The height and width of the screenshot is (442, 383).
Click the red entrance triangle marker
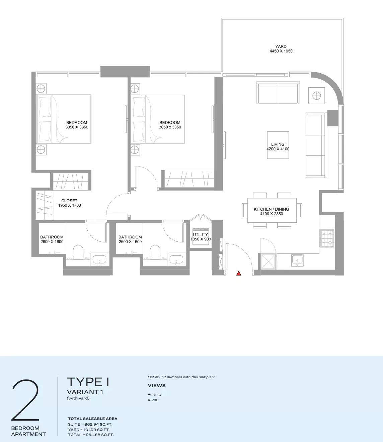(x=239, y=273)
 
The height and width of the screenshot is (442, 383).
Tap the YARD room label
(x=281, y=47)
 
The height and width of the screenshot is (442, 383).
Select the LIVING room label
(x=278, y=144)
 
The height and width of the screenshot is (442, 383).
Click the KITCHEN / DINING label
(x=271, y=209)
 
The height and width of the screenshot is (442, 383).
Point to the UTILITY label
(x=201, y=235)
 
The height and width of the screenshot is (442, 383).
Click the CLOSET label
(x=69, y=201)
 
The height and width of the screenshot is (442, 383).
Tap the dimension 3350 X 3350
(x=77, y=127)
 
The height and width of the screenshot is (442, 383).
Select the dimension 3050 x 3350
(x=170, y=127)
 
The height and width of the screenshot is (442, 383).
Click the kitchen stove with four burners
(x=327, y=238)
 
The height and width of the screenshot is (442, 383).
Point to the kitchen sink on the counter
(x=297, y=260)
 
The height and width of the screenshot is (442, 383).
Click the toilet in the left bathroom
(x=78, y=252)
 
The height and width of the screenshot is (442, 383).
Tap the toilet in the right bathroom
(x=155, y=252)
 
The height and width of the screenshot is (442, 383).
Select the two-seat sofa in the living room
(x=278, y=93)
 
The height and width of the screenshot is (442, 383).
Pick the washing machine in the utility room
(x=201, y=237)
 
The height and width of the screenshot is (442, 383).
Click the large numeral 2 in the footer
(x=26, y=400)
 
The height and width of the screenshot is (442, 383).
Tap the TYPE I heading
(x=88, y=382)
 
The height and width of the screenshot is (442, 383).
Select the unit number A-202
(x=153, y=400)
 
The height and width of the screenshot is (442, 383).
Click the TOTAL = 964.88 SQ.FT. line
(x=91, y=435)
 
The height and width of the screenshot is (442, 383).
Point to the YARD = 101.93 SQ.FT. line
(x=89, y=430)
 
